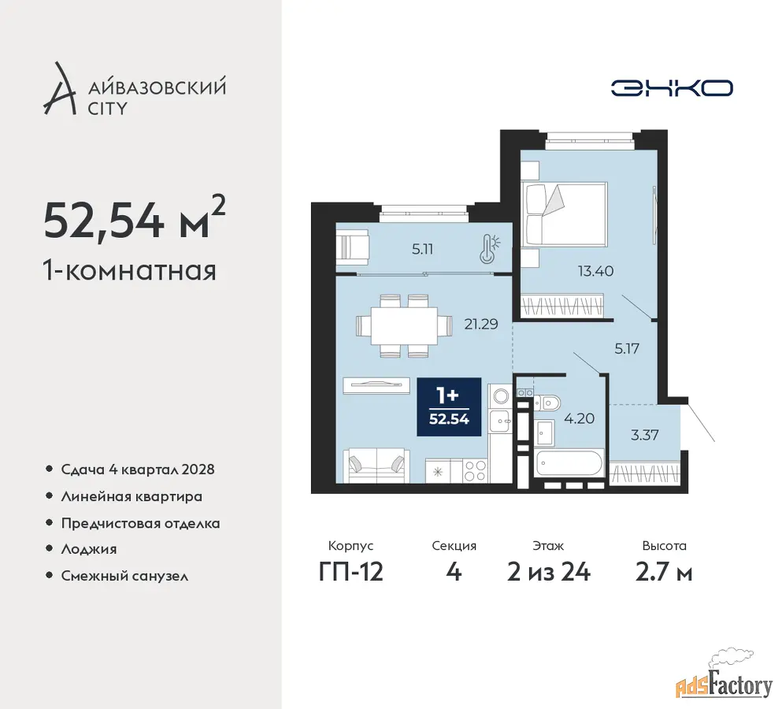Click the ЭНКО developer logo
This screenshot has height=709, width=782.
672,88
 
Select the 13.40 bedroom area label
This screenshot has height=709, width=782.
595,271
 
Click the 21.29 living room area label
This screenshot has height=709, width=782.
480,325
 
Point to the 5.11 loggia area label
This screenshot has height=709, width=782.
422,249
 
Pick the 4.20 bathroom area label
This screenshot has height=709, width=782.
579,418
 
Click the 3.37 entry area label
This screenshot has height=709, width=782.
644,435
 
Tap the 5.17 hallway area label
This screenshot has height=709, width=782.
626,348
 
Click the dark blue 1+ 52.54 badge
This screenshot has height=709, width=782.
449,406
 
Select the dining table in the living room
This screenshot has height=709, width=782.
404,326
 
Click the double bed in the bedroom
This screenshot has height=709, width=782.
564,214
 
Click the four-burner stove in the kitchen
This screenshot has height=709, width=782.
474,470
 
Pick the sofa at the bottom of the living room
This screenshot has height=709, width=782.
376,466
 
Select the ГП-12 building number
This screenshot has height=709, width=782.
351,572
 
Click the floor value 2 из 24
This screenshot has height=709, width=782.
549,572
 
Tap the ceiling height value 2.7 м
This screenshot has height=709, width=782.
664,572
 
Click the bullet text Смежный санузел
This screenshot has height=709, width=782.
124,576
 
